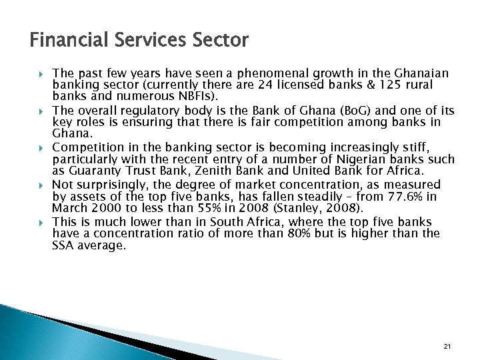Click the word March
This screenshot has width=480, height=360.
(x=68, y=209)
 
